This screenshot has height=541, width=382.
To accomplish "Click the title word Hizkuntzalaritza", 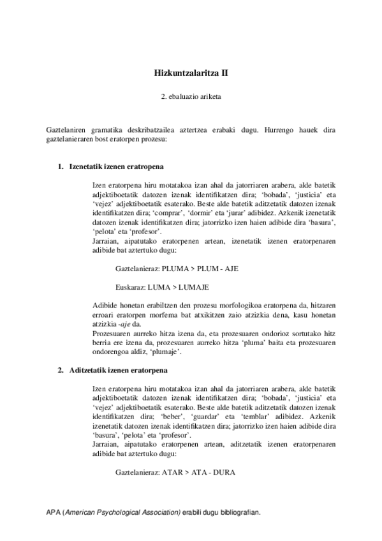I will (182, 73).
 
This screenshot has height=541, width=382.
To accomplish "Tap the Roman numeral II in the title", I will (223, 73).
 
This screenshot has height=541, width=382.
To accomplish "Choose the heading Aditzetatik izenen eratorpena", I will (117, 370).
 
